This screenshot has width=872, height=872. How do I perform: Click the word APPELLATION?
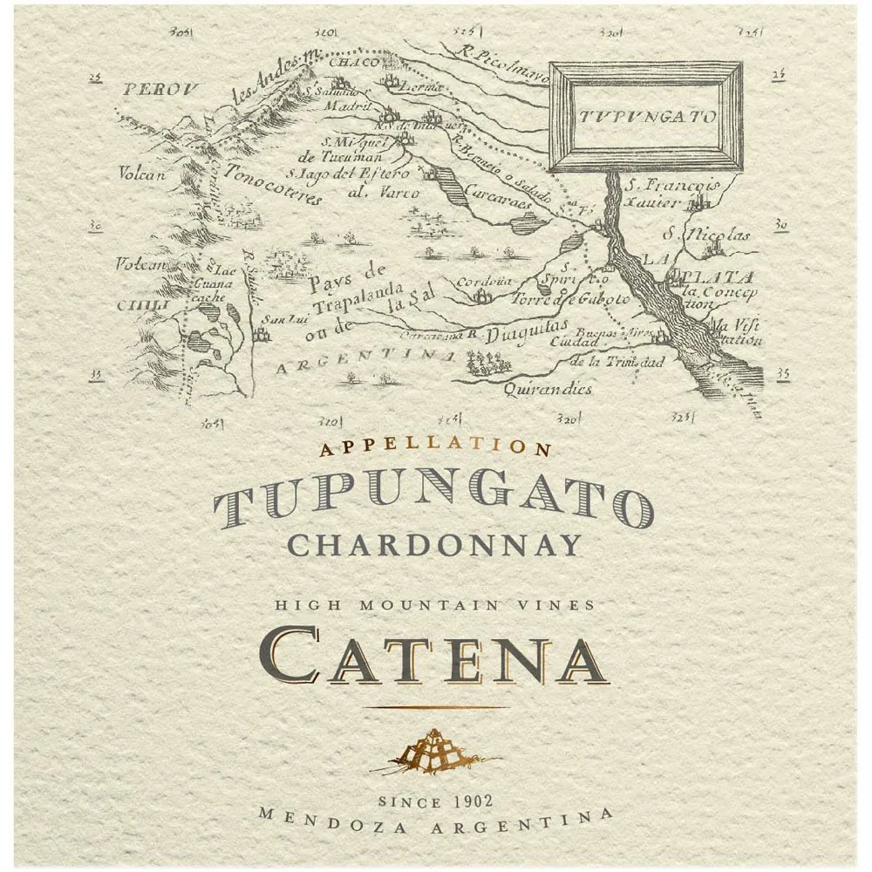coord(436,448)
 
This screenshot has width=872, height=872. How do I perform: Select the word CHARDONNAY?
coord(434,545)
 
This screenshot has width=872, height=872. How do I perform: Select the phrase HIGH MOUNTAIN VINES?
coord(435,603)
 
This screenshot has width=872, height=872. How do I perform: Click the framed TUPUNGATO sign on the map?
coord(645,117)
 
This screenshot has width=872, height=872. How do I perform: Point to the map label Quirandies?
coord(548,389)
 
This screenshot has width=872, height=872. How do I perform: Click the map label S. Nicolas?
coord(705,234)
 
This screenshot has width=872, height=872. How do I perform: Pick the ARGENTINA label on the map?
coord(365,362)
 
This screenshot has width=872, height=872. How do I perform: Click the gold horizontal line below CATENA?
coord(435,707)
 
